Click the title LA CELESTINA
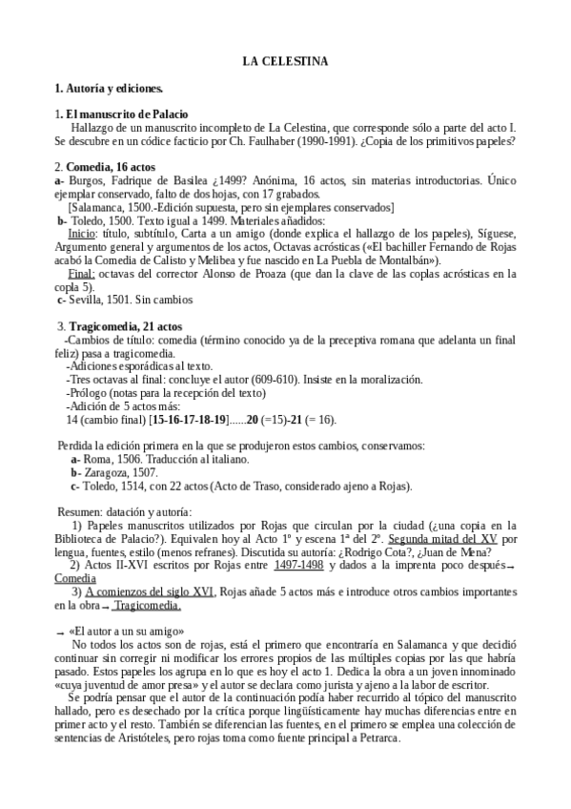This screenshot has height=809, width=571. coord(285,62)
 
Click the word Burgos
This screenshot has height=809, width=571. coord(87,179)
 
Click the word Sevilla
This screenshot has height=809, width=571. coord(86,299)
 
